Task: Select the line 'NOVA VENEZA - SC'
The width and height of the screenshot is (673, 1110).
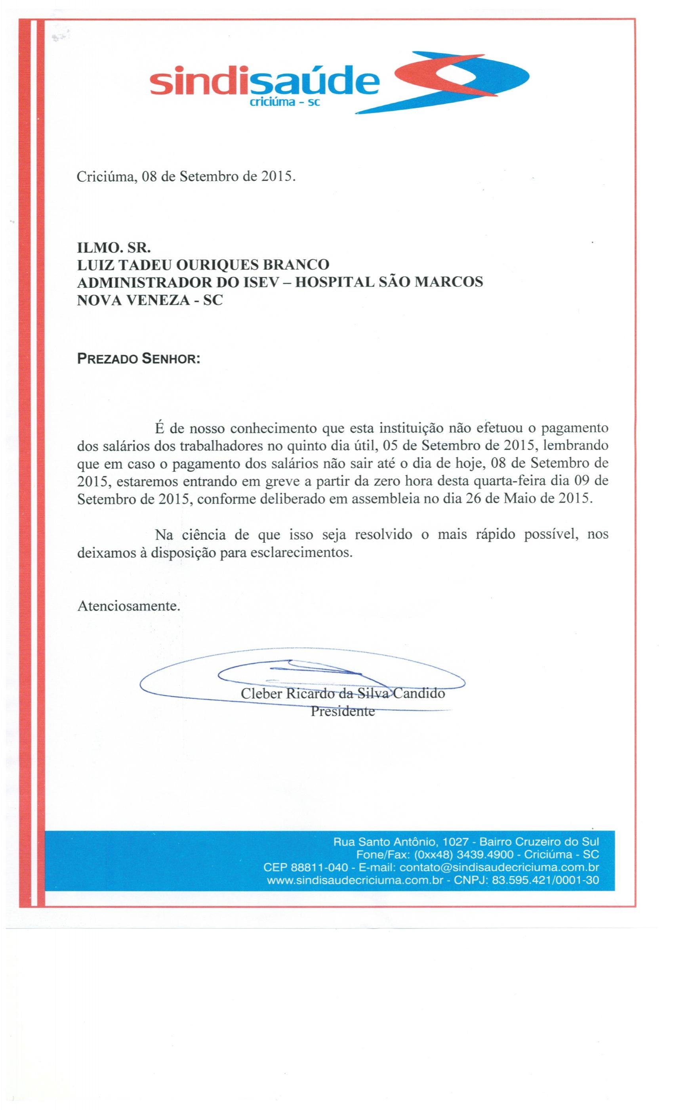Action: click(150, 300)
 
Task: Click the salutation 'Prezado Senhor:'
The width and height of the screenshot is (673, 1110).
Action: click(138, 359)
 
